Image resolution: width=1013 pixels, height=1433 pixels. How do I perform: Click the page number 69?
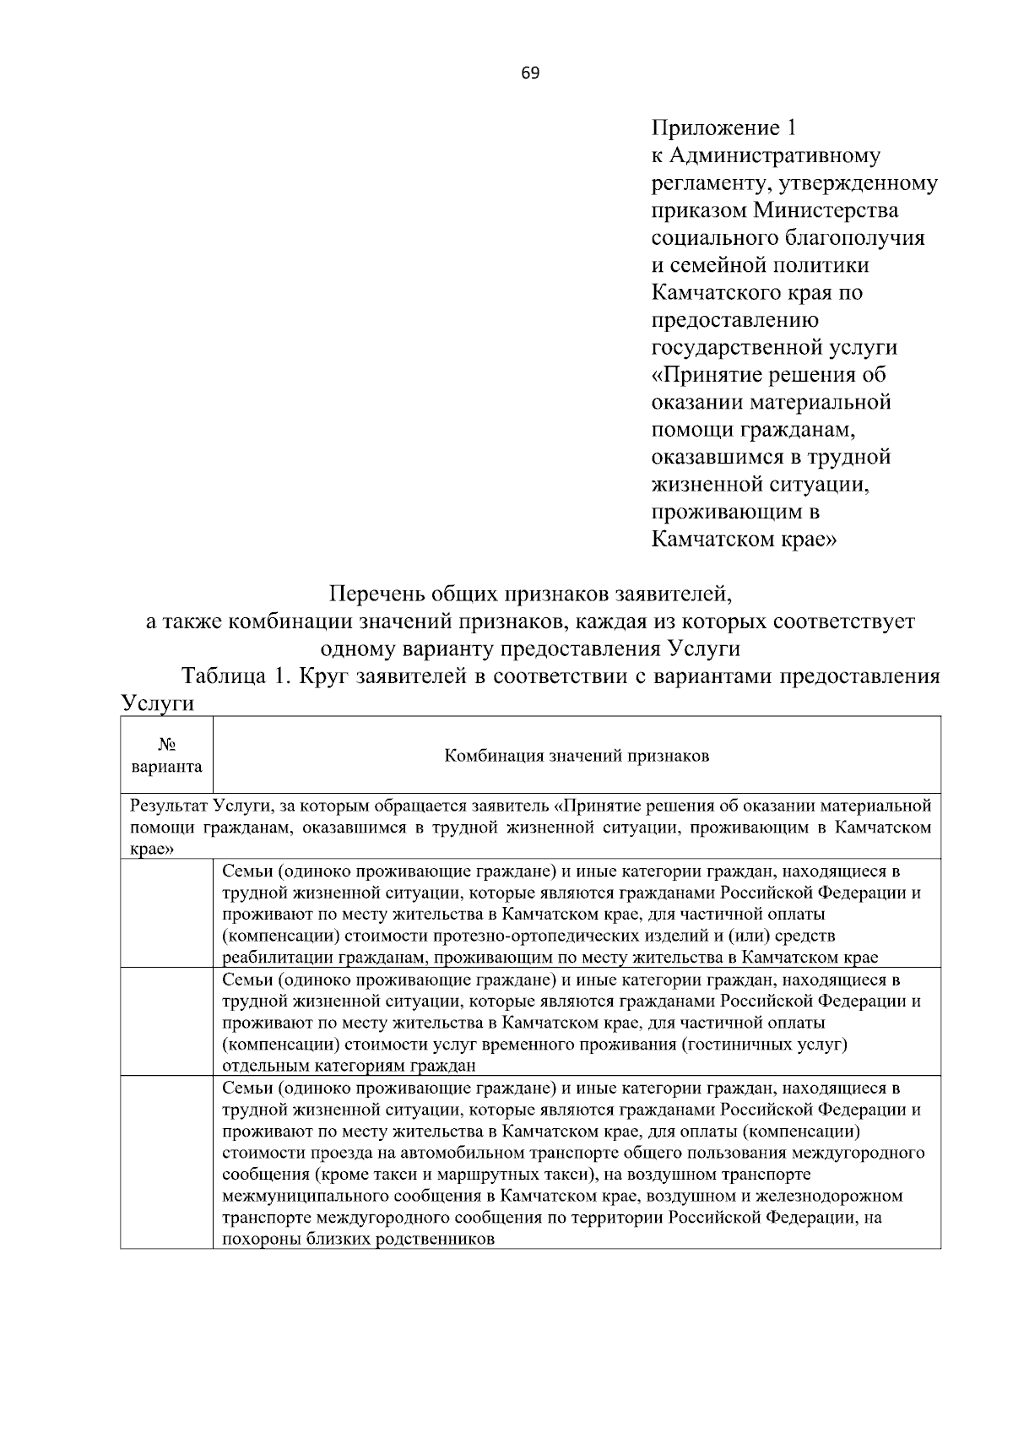coord(530,73)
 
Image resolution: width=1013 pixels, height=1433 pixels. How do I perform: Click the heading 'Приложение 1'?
coord(723,128)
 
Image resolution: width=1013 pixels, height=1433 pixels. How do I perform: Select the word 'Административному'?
coord(774,156)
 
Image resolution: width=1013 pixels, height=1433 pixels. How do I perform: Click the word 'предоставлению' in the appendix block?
coord(734,320)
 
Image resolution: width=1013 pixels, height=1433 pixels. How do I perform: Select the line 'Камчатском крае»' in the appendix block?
coord(744,539)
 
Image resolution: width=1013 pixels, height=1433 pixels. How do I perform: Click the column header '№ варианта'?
coord(166,755)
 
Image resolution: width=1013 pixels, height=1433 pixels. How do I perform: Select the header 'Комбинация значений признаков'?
coord(577,756)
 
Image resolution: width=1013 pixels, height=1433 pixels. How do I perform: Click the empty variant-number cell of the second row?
coord(166,1022)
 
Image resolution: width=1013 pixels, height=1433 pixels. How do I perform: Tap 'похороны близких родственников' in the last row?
coord(358,1240)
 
